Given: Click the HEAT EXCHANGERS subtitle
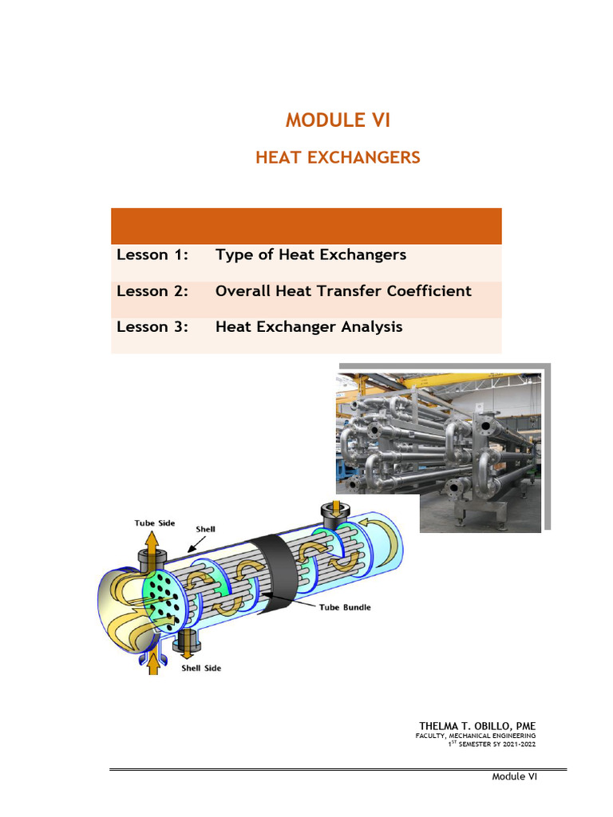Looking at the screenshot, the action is [x=338, y=158].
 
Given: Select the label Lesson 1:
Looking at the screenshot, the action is [x=152, y=255].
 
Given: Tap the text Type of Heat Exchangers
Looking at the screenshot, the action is [x=310, y=255].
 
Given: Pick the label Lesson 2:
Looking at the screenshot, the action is [x=152, y=291].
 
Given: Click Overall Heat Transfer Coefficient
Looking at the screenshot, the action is [x=343, y=291].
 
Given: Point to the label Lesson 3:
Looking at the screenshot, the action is [x=152, y=327].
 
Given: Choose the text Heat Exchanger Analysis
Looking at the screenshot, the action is [x=309, y=327].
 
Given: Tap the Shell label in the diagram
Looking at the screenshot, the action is [x=205, y=528].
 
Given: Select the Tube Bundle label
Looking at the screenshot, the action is [x=345, y=607].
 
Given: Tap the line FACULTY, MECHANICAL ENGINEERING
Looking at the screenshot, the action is [x=476, y=735].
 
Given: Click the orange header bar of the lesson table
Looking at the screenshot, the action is [x=306, y=226].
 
